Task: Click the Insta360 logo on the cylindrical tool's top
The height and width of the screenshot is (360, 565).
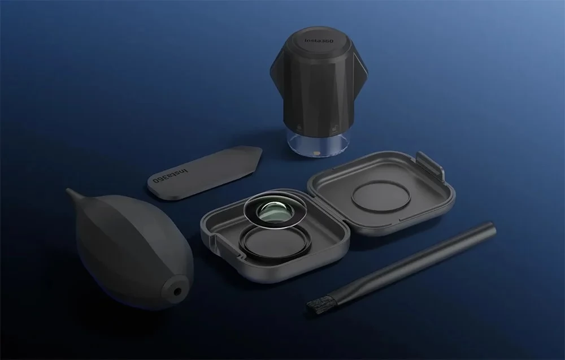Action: (x=319, y=40)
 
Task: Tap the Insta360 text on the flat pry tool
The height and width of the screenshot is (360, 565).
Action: (x=171, y=175)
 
